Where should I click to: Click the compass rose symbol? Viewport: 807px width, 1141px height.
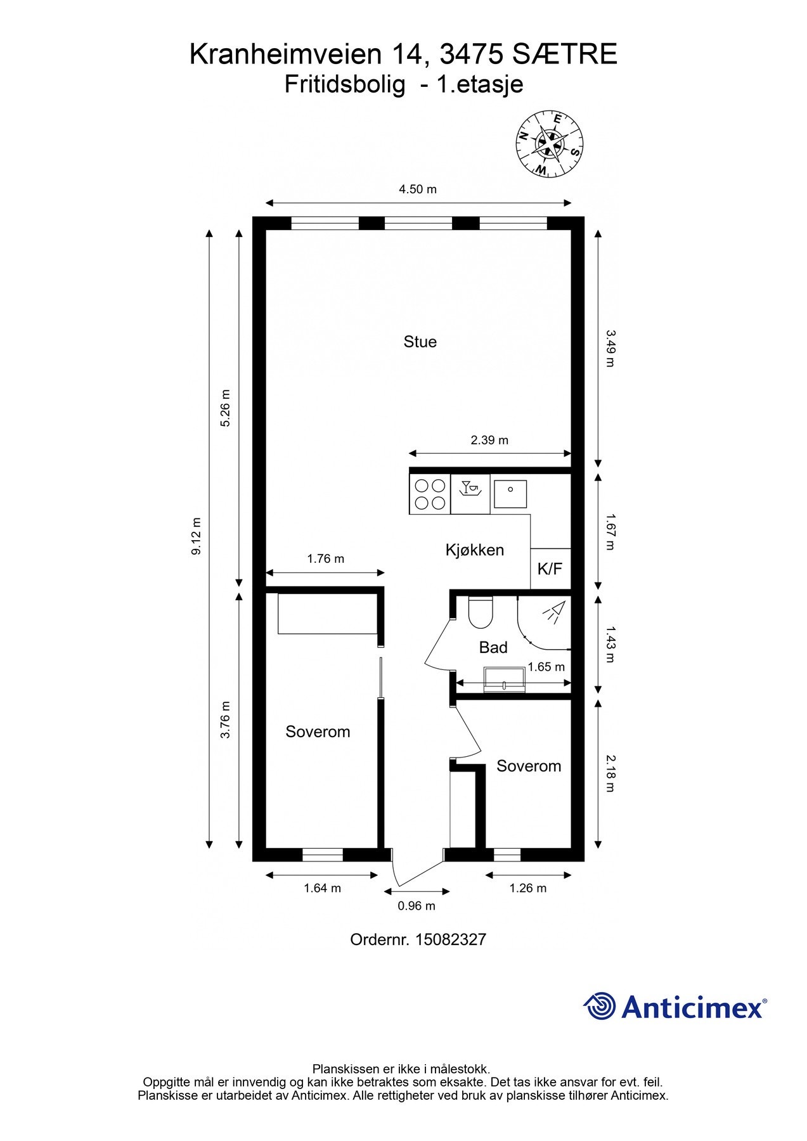pyautogui.click(x=549, y=144)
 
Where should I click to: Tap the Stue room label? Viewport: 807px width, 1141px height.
pyautogui.click(x=420, y=342)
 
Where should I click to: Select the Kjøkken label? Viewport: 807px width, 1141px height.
pyautogui.click(x=475, y=550)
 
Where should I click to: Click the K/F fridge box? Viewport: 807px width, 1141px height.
pyautogui.click(x=550, y=569)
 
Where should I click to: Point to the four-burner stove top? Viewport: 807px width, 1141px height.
pyautogui.click(x=430, y=494)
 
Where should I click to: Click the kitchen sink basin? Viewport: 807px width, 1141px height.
pyautogui.click(x=510, y=494)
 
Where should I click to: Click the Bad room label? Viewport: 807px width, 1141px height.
pyautogui.click(x=493, y=647)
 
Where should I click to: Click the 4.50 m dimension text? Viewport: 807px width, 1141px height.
pyautogui.click(x=417, y=189)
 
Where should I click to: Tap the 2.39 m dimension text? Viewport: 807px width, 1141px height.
pyautogui.click(x=489, y=440)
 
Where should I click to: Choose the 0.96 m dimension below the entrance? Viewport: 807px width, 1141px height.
pyautogui.click(x=416, y=906)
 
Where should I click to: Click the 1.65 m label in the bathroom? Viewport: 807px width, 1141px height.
pyautogui.click(x=546, y=667)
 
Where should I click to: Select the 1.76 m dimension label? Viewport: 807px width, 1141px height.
pyautogui.click(x=326, y=558)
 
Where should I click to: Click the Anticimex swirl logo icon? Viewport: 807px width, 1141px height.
pyautogui.click(x=600, y=1007)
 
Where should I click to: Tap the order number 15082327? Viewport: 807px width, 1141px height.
pyautogui.click(x=451, y=939)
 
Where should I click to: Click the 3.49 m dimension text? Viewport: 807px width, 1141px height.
pyautogui.click(x=610, y=347)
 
